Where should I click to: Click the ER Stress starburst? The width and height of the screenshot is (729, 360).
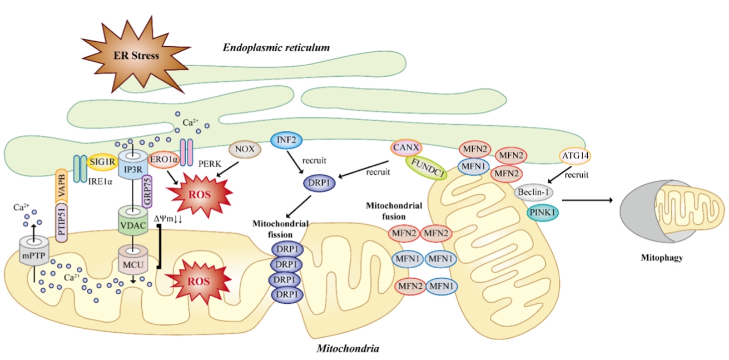click(136, 56)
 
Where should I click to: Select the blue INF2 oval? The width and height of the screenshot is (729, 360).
click(286, 140)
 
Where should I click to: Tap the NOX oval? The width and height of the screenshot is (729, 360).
click(245, 149)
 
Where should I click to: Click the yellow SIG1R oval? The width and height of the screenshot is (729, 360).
click(102, 162)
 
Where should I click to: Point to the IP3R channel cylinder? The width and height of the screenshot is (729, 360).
click(133, 165)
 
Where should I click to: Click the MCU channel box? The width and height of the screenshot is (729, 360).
click(133, 260)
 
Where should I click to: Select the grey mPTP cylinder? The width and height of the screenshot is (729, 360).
click(34, 251)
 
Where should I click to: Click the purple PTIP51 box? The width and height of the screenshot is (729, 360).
click(62, 223)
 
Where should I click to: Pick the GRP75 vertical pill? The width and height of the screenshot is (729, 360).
click(147, 191)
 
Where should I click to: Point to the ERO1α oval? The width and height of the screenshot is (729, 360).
click(163, 160)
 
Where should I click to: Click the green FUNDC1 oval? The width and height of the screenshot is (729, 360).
click(427, 168)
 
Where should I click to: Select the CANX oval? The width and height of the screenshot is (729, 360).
click(406, 147)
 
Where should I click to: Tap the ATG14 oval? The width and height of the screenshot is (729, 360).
click(576, 156)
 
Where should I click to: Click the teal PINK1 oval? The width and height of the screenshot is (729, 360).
click(543, 213)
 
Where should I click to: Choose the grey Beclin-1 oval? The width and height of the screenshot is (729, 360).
click(533, 192)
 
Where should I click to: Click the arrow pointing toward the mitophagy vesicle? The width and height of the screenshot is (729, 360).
click(587, 200)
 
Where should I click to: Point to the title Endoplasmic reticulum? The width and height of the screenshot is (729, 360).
click(276, 48)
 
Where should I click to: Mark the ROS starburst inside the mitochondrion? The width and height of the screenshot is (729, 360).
click(198, 281)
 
